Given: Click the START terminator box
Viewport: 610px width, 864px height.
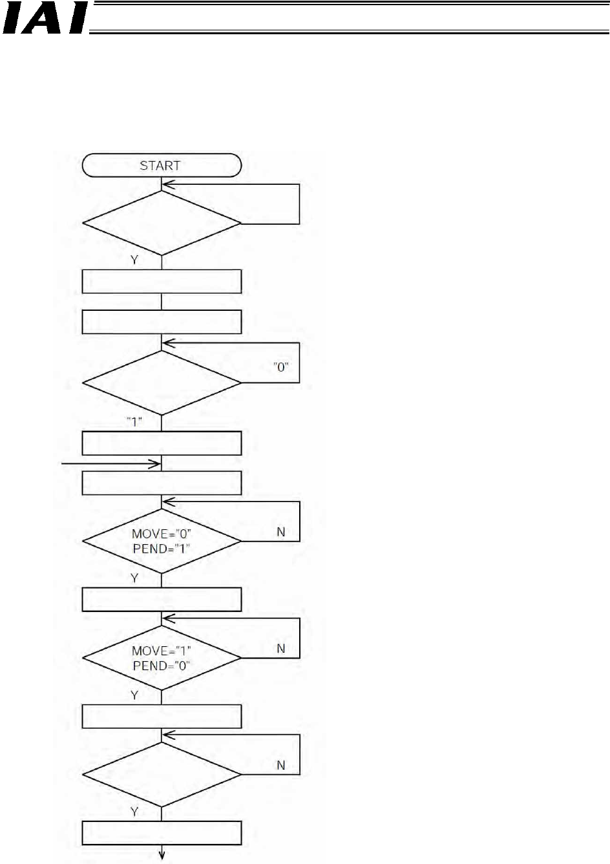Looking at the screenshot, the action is (162, 165).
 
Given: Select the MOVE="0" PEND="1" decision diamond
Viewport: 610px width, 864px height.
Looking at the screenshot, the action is (162, 541).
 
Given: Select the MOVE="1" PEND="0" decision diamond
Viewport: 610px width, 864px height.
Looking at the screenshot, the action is (162, 658).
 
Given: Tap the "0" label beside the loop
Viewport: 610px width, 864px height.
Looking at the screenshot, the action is (280, 366).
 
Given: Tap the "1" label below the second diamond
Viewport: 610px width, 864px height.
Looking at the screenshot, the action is (134, 421).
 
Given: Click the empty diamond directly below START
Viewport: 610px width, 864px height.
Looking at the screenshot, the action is (162, 224).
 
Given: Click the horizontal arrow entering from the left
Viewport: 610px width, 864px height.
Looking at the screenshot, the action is (110, 463).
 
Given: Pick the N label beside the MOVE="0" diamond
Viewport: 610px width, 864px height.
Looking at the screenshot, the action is (280, 532).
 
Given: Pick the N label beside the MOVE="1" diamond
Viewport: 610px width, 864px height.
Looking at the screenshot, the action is (280, 648).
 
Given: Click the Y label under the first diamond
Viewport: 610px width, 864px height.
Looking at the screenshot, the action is (134, 260).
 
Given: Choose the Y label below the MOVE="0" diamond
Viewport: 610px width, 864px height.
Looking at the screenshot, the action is (134, 578).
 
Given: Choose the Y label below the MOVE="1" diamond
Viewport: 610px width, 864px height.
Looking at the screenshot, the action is (134, 695).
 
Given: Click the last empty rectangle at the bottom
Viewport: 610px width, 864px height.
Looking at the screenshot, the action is (162, 833).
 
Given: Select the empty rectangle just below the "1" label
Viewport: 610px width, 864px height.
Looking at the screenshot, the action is (162, 443).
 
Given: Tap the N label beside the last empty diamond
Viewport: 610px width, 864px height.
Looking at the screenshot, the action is (280, 765).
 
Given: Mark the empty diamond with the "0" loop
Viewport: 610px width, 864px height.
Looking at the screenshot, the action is (162, 383).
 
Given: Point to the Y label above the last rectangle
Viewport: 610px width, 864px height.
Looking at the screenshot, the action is (134, 811).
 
